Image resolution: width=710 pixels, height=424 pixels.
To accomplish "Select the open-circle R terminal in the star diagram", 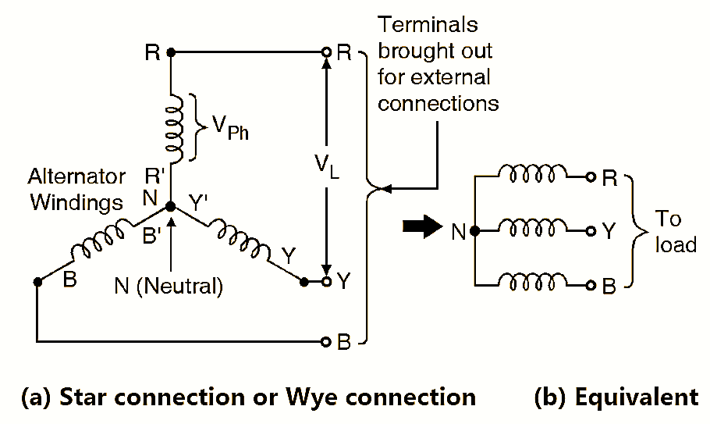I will (326, 52).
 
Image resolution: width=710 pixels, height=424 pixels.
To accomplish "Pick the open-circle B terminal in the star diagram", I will (326, 341).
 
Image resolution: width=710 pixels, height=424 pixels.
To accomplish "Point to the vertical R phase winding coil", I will (173, 125).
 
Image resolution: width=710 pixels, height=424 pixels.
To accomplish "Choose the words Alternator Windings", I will (76, 188).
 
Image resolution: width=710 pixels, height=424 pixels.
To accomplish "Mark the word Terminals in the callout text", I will (427, 25).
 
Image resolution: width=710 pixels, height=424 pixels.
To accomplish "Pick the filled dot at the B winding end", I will (37, 282).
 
